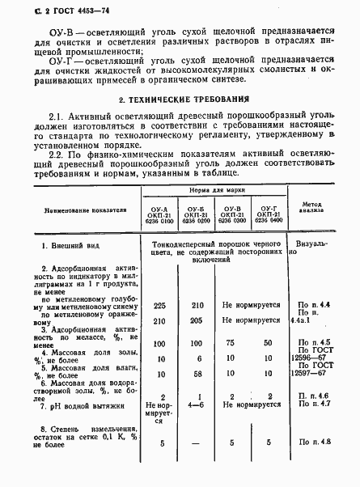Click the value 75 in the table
[x=230, y=342]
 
